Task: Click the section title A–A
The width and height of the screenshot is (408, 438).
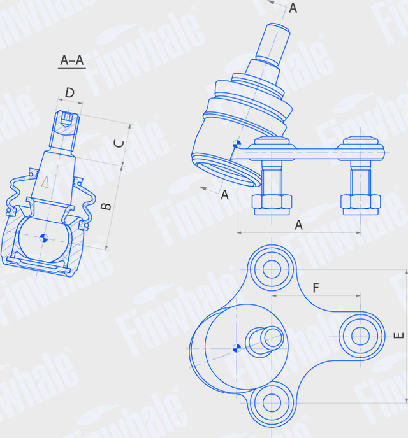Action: (x=72, y=60)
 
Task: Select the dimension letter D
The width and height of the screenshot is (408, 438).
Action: (x=70, y=93)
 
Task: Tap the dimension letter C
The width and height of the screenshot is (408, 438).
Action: (x=119, y=143)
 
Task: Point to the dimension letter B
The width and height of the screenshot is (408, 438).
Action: (x=106, y=206)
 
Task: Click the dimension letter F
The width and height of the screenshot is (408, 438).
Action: (x=316, y=288)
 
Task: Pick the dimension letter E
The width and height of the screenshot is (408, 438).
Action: (x=398, y=336)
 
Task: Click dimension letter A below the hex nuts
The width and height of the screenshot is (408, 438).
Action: (x=298, y=225)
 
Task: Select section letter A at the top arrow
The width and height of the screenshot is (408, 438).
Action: (x=293, y=8)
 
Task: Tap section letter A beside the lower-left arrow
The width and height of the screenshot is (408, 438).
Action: (x=224, y=195)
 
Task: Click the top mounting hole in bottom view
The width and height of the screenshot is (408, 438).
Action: (x=272, y=268)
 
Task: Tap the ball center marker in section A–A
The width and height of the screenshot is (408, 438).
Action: (x=43, y=238)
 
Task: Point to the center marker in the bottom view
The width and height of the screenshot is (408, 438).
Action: (x=236, y=348)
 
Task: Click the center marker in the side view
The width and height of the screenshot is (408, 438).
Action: (x=237, y=145)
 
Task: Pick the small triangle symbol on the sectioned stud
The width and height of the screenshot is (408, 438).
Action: (x=45, y=181)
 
